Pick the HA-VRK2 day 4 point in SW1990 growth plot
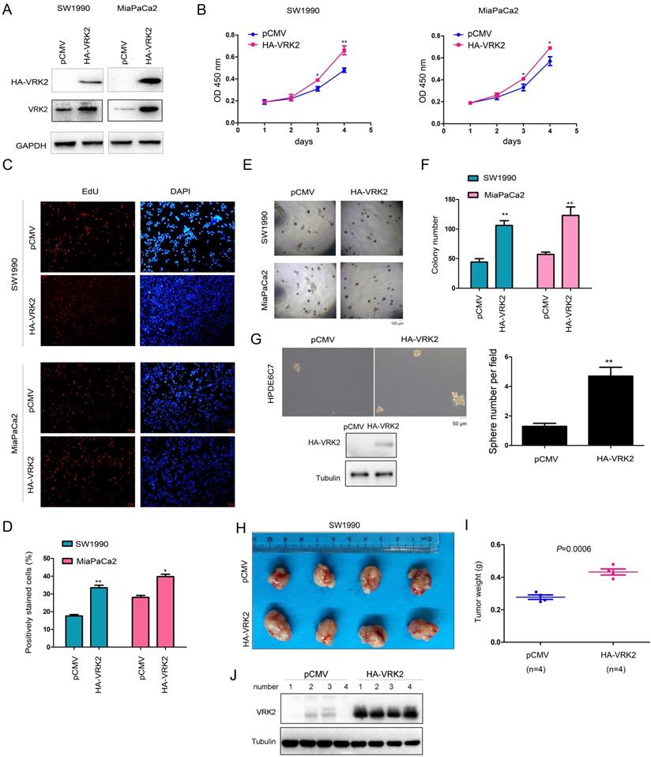(344, 51)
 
